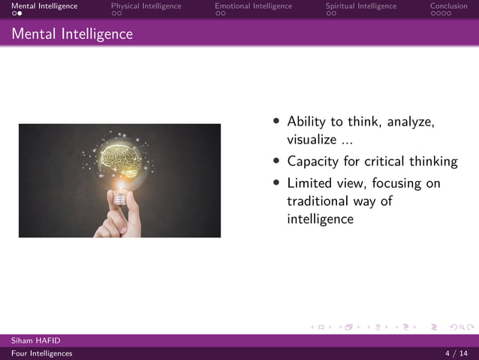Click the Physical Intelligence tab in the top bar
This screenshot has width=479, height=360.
(146, 6)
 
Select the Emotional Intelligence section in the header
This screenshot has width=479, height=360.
(253, 6)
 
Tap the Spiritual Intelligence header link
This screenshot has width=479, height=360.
(360, 6)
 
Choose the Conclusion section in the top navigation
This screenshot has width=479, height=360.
(448, 6)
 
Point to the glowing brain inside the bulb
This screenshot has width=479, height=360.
(119, 156)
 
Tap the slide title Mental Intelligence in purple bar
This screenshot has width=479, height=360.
(72, 35)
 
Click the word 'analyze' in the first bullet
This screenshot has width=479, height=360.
(411, 122)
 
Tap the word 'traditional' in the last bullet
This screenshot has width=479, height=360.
(321, 201)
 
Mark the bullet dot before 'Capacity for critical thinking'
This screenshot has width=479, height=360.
(277, 161)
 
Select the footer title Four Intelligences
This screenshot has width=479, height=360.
(41, 353)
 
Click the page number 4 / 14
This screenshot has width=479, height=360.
(456, 353)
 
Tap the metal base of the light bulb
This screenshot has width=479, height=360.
(119, 184)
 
